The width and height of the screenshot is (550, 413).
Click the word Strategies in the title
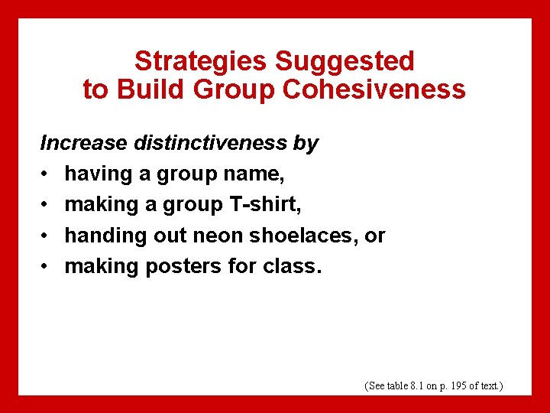pyautogui.click(x=201, y=61)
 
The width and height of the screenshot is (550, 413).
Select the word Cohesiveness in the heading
pyautogui.click(x=374, y=90)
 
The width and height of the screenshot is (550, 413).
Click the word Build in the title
pyautogui.click(x=149, y=90)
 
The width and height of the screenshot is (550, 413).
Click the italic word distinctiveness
pyautogui.click(x=211, y=143)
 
